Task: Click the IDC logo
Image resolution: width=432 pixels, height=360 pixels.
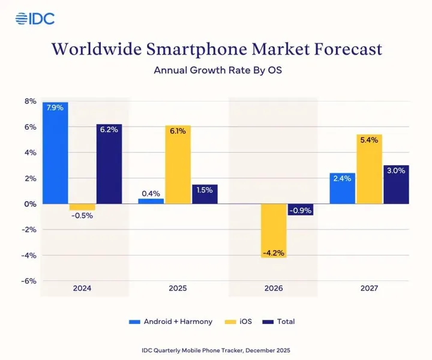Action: (35, 18)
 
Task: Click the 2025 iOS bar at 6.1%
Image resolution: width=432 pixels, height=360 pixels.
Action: (178, 164)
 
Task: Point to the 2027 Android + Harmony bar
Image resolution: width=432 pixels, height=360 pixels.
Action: (343, 188)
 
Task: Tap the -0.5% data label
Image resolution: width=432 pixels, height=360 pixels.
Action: (82, 215)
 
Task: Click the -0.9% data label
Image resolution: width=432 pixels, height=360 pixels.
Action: (301, 211)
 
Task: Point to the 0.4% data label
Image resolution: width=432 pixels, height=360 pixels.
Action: (151, 193)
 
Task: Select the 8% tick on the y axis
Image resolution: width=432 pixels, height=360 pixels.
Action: (30, 101)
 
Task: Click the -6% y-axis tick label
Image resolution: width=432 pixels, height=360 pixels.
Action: (28, 281)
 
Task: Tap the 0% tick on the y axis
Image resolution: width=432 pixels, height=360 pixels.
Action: (30, 204)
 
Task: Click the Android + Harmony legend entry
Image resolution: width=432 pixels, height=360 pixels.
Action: (171, 322)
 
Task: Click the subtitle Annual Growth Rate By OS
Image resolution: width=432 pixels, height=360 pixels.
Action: (218, 70)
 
